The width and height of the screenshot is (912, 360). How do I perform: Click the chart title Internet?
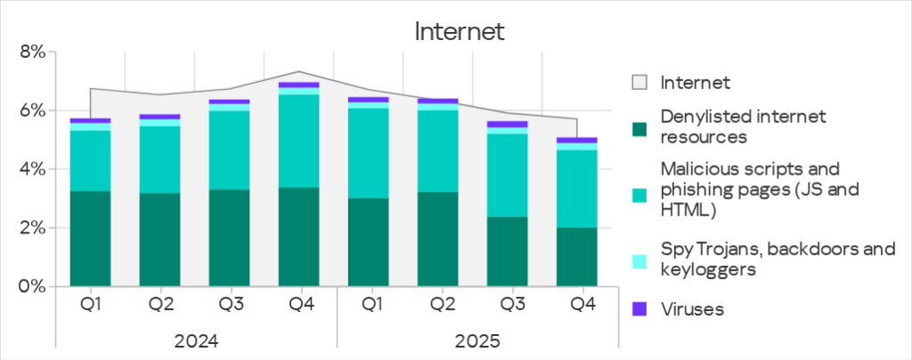(460, 32)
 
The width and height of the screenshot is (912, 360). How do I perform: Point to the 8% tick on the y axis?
(32, 53)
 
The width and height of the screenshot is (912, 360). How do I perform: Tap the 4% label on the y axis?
(32, 169)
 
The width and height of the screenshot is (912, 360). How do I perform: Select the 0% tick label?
(32, 287)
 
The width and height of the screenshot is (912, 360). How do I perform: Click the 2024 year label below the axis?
(196, 340)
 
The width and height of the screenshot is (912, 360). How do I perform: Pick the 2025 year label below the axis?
(477, 340)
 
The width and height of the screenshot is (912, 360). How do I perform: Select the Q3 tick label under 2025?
(512, 305)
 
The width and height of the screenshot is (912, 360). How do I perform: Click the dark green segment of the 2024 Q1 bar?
(90, 239)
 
